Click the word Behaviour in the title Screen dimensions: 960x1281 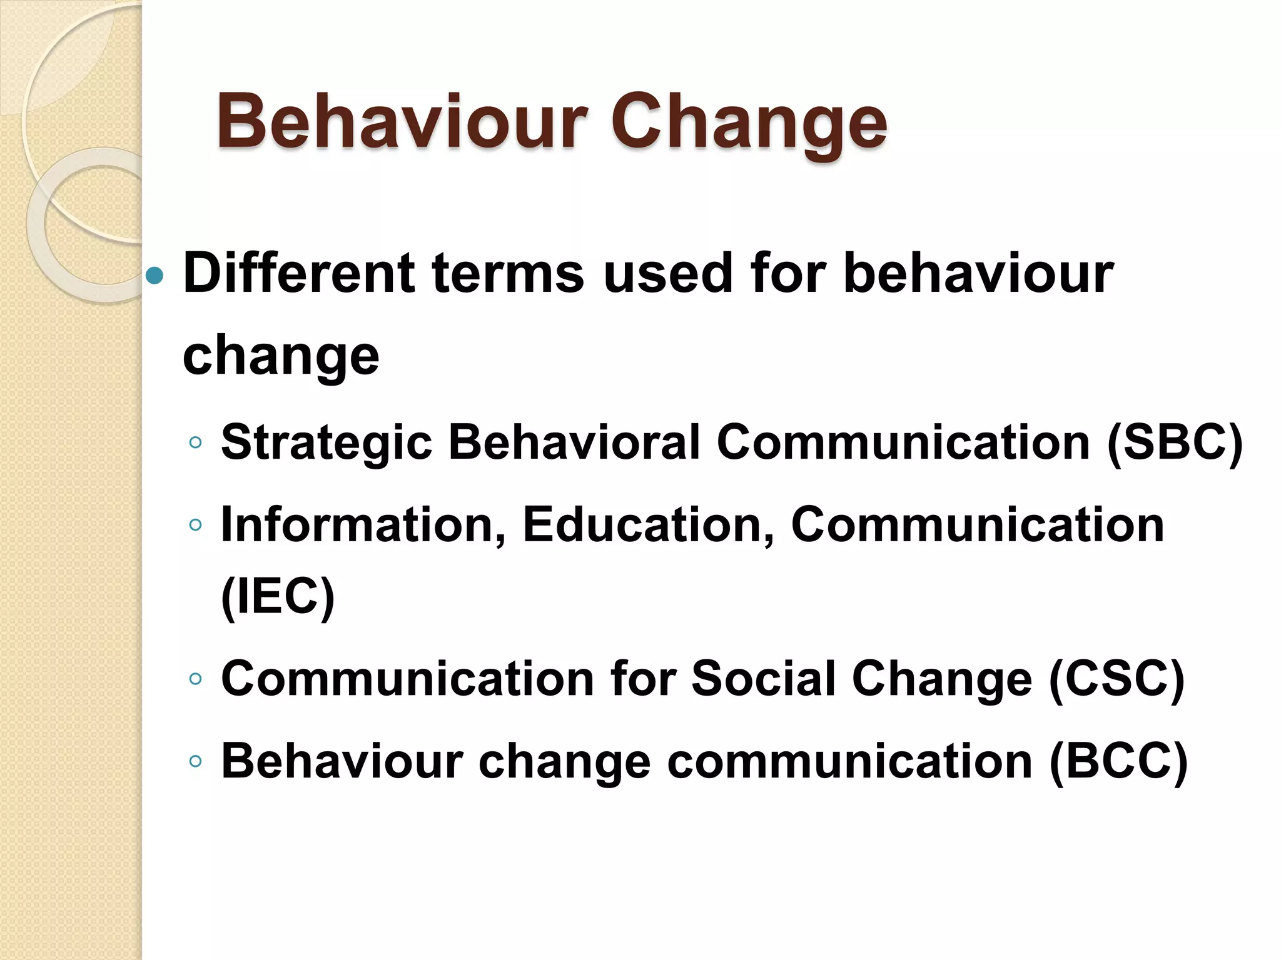pyautogui.click(x=402, y=122)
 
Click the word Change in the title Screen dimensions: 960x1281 pyautogui.click(x=749, y=122)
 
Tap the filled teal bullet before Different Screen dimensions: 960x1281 pyautogui.click(x=154, y=275)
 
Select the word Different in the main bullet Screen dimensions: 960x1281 pyautogui.click(x=298, y=273)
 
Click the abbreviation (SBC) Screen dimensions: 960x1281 pyautogui.click(x=1175, y=442)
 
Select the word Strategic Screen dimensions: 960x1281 pyautogui.click(x=327, y=442)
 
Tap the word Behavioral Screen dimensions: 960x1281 pyautogui.click(x=574, y=442)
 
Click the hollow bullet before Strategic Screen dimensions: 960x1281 pyautogui.click(x=196, y=442)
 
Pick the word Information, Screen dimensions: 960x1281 pyautogui.click(x=363, y=525)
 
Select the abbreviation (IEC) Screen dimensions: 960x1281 pyautogui.click(x=278, y=596)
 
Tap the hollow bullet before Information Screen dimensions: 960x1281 pyautogui.click(x=196, y=525)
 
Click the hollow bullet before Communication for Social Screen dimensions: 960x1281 pyautogui.click(x=196, y=679)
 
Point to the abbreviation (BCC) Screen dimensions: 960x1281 pyautogui.click(x=1118, y=761)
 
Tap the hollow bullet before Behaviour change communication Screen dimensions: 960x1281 pyautogui.click(x=196, y=761)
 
